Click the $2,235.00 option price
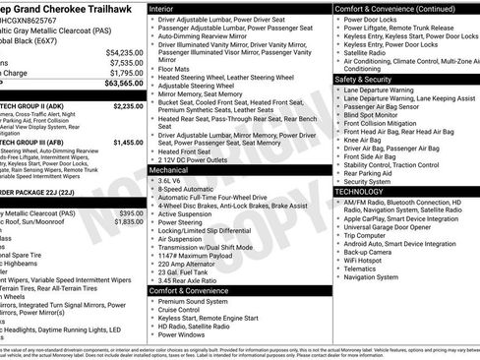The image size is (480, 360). (125, 105)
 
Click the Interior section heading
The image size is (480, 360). (168, 8)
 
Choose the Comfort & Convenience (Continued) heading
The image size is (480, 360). (393, 8)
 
